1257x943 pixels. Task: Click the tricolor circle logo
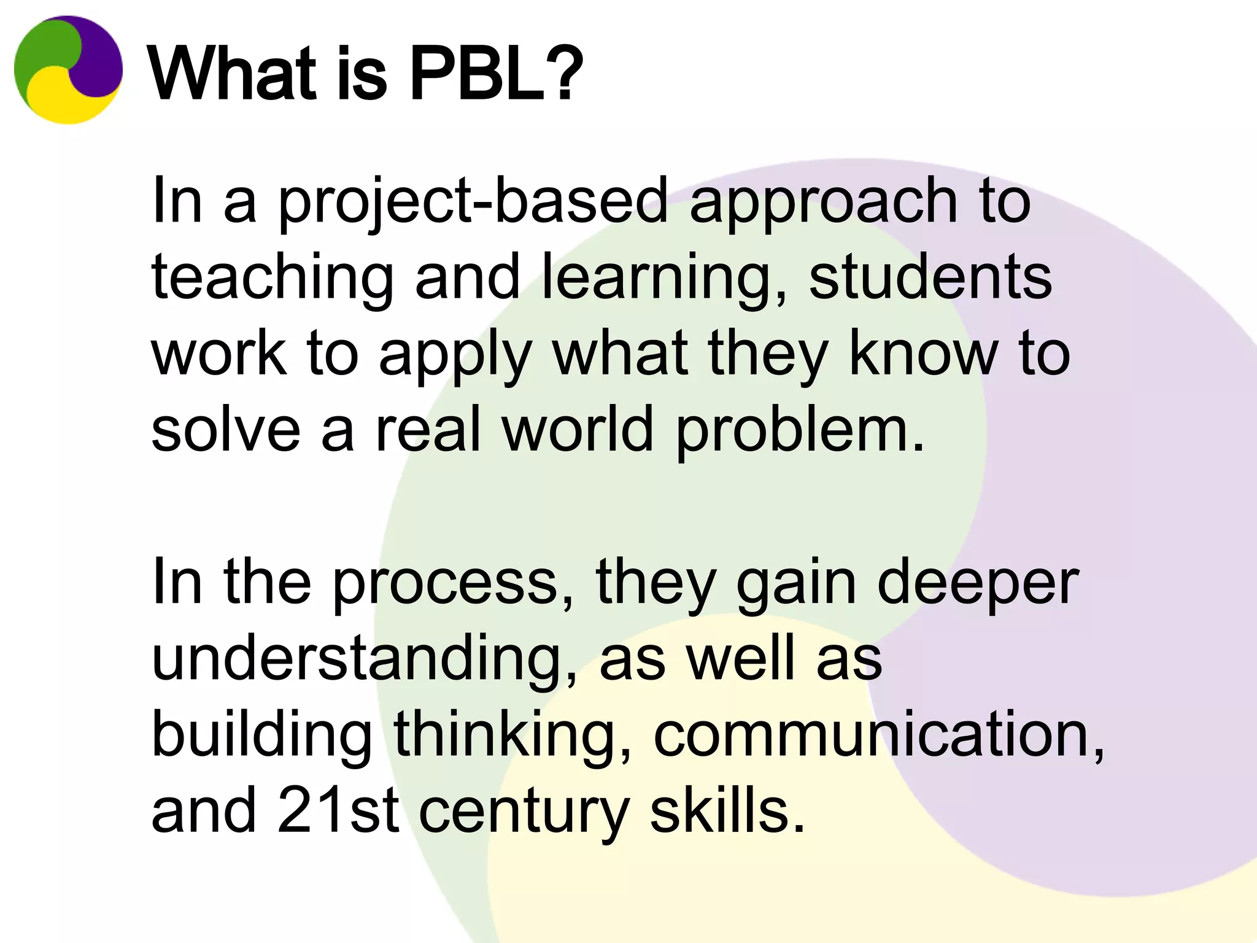click(68, 69)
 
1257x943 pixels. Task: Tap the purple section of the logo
click(98, 58)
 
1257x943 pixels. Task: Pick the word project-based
click(472, 202)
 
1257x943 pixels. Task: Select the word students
click(930, 277)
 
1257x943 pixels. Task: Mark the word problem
click(800, 432)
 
